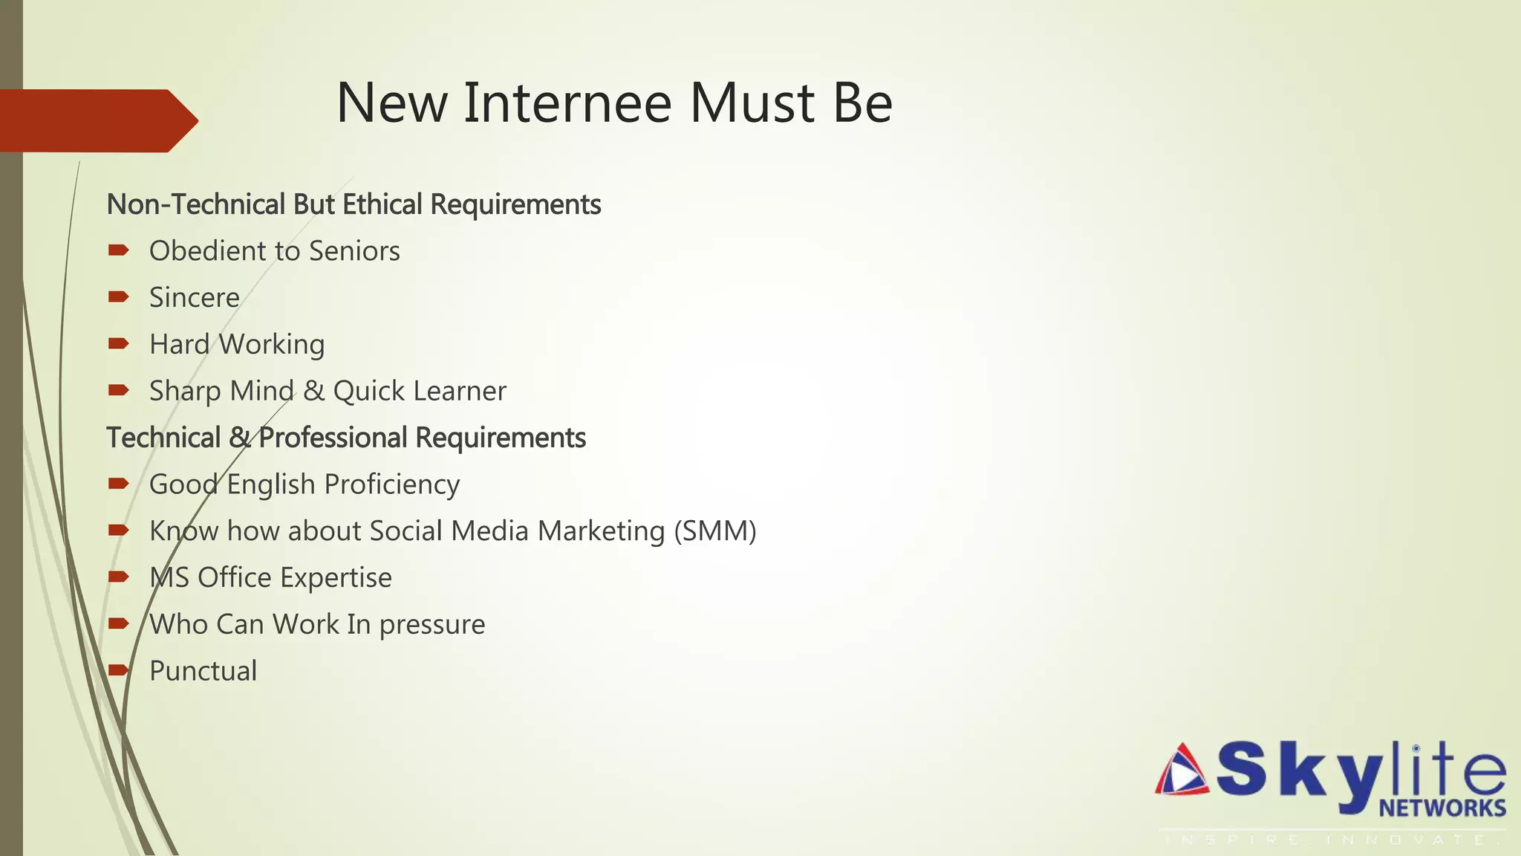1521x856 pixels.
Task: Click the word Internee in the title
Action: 567,103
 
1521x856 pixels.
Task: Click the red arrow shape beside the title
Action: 97,121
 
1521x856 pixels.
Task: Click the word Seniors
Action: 354,251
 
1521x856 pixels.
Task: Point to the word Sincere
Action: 195,298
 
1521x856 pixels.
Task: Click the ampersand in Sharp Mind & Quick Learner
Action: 313,392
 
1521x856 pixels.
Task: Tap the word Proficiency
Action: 392,484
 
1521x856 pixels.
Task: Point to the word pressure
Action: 431,625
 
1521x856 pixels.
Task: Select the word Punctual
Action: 203,671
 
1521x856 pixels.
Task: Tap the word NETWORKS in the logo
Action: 1442,808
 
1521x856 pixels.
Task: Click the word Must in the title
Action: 752,103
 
